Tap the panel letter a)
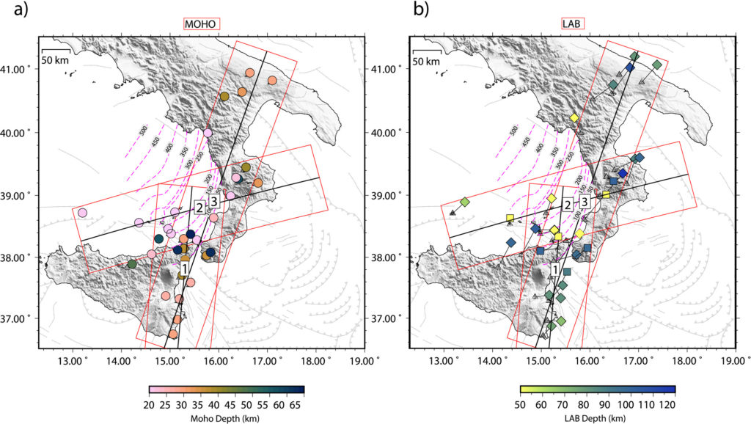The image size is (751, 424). [x=10, y=10]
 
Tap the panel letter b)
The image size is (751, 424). [x=382, y=10]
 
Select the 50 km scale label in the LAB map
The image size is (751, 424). [x=426, y=61]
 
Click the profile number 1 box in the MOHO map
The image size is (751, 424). [x=184, y=270]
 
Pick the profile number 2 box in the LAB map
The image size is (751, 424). [x=567, y=206]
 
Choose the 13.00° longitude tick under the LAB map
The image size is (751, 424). [x=444, y=360]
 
